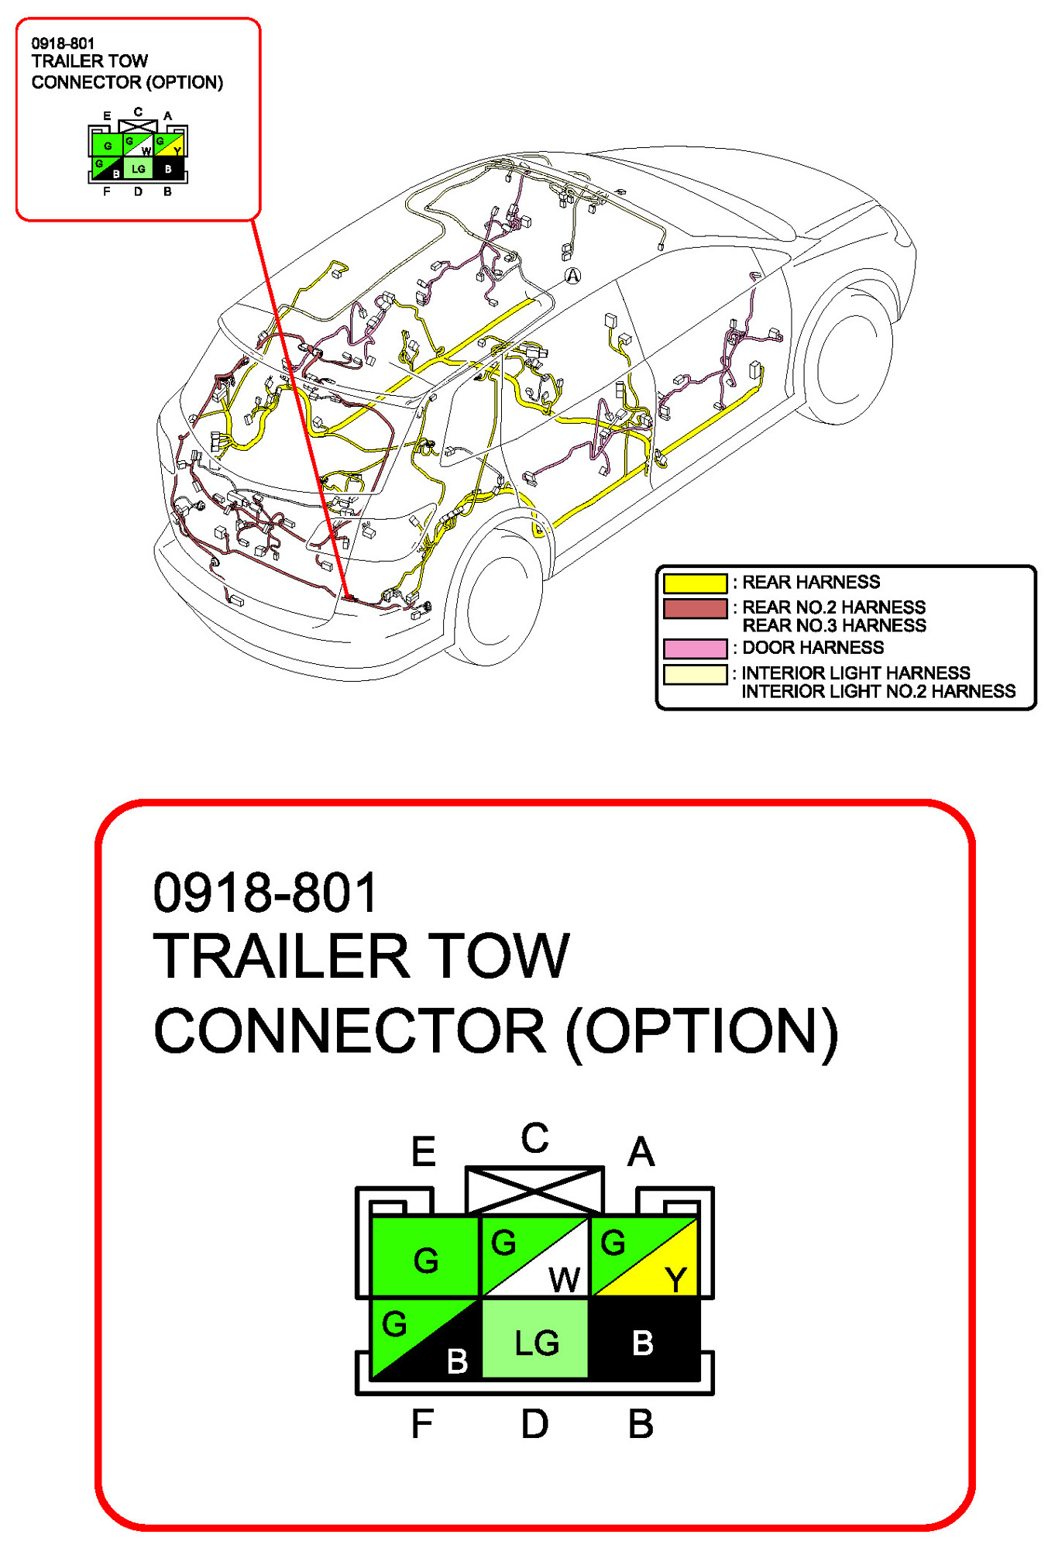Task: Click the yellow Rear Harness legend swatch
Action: pos(695,583)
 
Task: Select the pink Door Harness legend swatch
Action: pos(695,648)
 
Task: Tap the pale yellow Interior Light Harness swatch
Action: pos(695,674)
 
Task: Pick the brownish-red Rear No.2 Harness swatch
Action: pos(695,608)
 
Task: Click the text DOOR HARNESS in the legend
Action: pos(813,648)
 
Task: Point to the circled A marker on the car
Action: pos(572,275)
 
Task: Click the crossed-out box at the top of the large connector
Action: pos(534,1190)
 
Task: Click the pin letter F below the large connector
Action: pos(422,1424)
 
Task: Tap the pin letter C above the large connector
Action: pos(534,1138)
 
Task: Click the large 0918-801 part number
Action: pos(265,893)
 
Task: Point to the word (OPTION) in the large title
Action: pos(702,1031)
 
